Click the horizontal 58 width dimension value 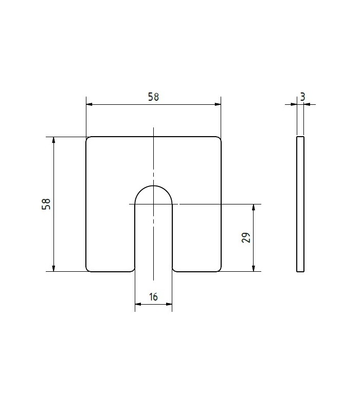coord(153,97)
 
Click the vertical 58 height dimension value coord(46,204)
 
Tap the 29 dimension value coord(246,237)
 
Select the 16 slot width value coord(153,297)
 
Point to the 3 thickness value coord(303,97)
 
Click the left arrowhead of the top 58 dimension coord(89,104)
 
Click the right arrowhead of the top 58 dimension coord(218,104)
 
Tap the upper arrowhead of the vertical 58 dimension coord(53,140)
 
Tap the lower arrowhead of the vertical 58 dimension coord(53,268)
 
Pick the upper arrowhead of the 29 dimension coord(254,207)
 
